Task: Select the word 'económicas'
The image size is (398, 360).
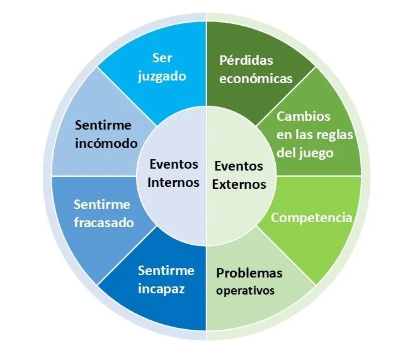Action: [256, 79]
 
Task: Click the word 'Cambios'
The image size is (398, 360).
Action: [303, 117]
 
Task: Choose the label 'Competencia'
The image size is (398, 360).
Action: [310, 218]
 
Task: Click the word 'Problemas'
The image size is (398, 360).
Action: [249, 273]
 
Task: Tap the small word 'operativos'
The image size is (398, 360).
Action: [246, 291]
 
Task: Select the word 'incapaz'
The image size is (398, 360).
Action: [162, 288]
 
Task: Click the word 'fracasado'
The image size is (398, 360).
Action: [103, 222]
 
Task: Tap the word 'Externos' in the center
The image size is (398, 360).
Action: [240, 184]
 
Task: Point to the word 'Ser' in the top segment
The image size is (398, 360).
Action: [162, 58]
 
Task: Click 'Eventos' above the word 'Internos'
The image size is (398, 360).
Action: [174, 164]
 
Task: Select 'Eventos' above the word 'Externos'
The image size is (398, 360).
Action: [239, 167]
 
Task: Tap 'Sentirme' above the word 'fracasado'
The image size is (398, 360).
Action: [101, 205]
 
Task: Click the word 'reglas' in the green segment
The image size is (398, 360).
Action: [334, 135]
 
